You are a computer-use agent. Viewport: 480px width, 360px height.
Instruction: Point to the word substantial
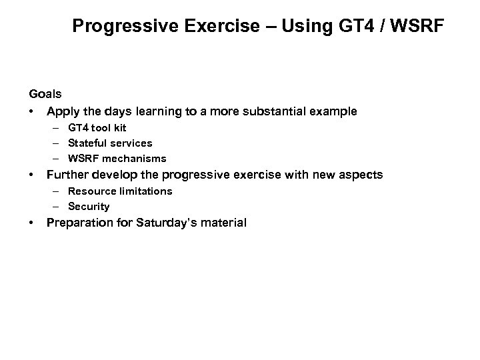point(281,111)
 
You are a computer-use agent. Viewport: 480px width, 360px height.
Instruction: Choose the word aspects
point(359,175)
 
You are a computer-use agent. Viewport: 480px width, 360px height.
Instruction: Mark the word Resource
point(91,191)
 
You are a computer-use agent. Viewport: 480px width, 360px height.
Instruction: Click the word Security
point(89,207)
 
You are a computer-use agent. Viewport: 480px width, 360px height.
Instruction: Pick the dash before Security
point(58,207)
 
